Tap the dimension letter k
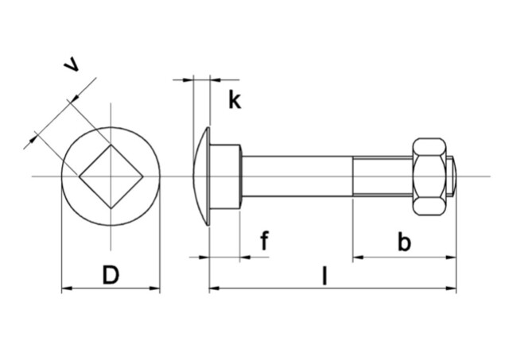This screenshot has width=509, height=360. [234, 100]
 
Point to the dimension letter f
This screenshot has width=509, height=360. [264, 241]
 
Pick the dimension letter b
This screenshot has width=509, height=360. [404, 242]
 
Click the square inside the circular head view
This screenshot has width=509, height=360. [111, 176]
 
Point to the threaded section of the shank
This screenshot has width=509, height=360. [382, 176]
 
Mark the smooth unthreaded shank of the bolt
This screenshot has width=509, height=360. [297, 176]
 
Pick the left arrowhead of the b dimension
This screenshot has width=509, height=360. [358, 257]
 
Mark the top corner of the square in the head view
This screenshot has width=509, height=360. [111, 143]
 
